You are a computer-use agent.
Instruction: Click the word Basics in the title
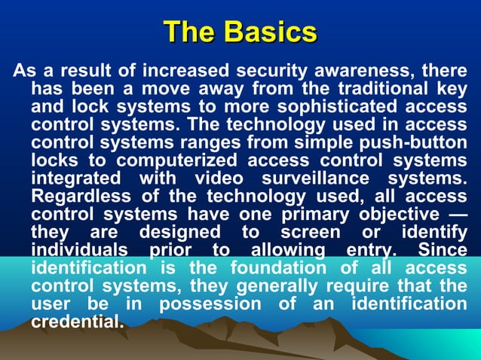[270, 32]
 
